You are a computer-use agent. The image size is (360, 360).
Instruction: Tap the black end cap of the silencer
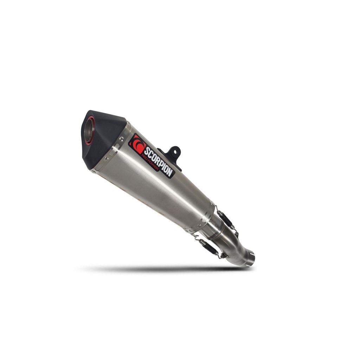(x=103, y=138)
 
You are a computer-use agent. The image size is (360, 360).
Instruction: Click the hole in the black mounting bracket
(x=175, y=152)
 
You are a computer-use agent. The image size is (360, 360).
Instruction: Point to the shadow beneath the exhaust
(x=165, y=269)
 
